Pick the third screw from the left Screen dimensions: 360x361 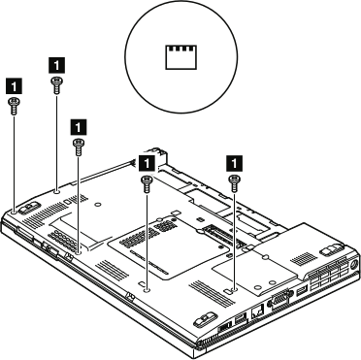click(x=79, y=147)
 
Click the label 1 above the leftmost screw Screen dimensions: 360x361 click(x=13, y=84)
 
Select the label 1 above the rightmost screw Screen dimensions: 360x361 click(x=234, y=159)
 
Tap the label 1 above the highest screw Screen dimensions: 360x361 click(x=56, y=61)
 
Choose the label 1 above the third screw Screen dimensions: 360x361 click(x=79, y=125)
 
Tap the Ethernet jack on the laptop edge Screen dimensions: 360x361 click(x=255, y=312)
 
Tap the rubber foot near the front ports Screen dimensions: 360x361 click(x=205, y=318)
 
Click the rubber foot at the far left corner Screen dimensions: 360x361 click(x=27, y=205)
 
